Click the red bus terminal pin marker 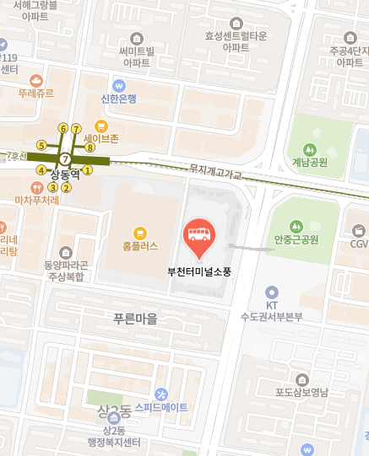(198, 236)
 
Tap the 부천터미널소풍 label (199, 271)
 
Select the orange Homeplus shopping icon (140, 231)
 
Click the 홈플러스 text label (140, 247)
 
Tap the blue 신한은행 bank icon (119, 85)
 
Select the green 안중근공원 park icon (296, 225)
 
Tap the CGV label (360, 244)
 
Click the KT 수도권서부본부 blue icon (271, 291)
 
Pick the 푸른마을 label (135, 319)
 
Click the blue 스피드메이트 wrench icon (161, 394)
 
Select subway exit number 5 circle (41, 145)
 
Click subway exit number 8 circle (90, 148)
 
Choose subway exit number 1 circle (87, 170)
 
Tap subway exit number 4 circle (41, 170)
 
